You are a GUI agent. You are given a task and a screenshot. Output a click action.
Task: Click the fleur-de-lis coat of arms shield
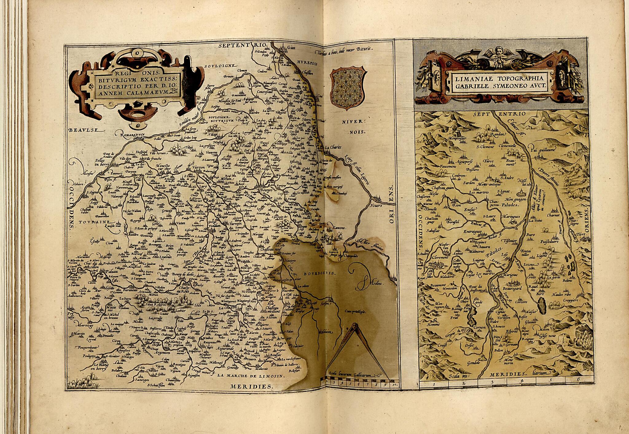(346, 89)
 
